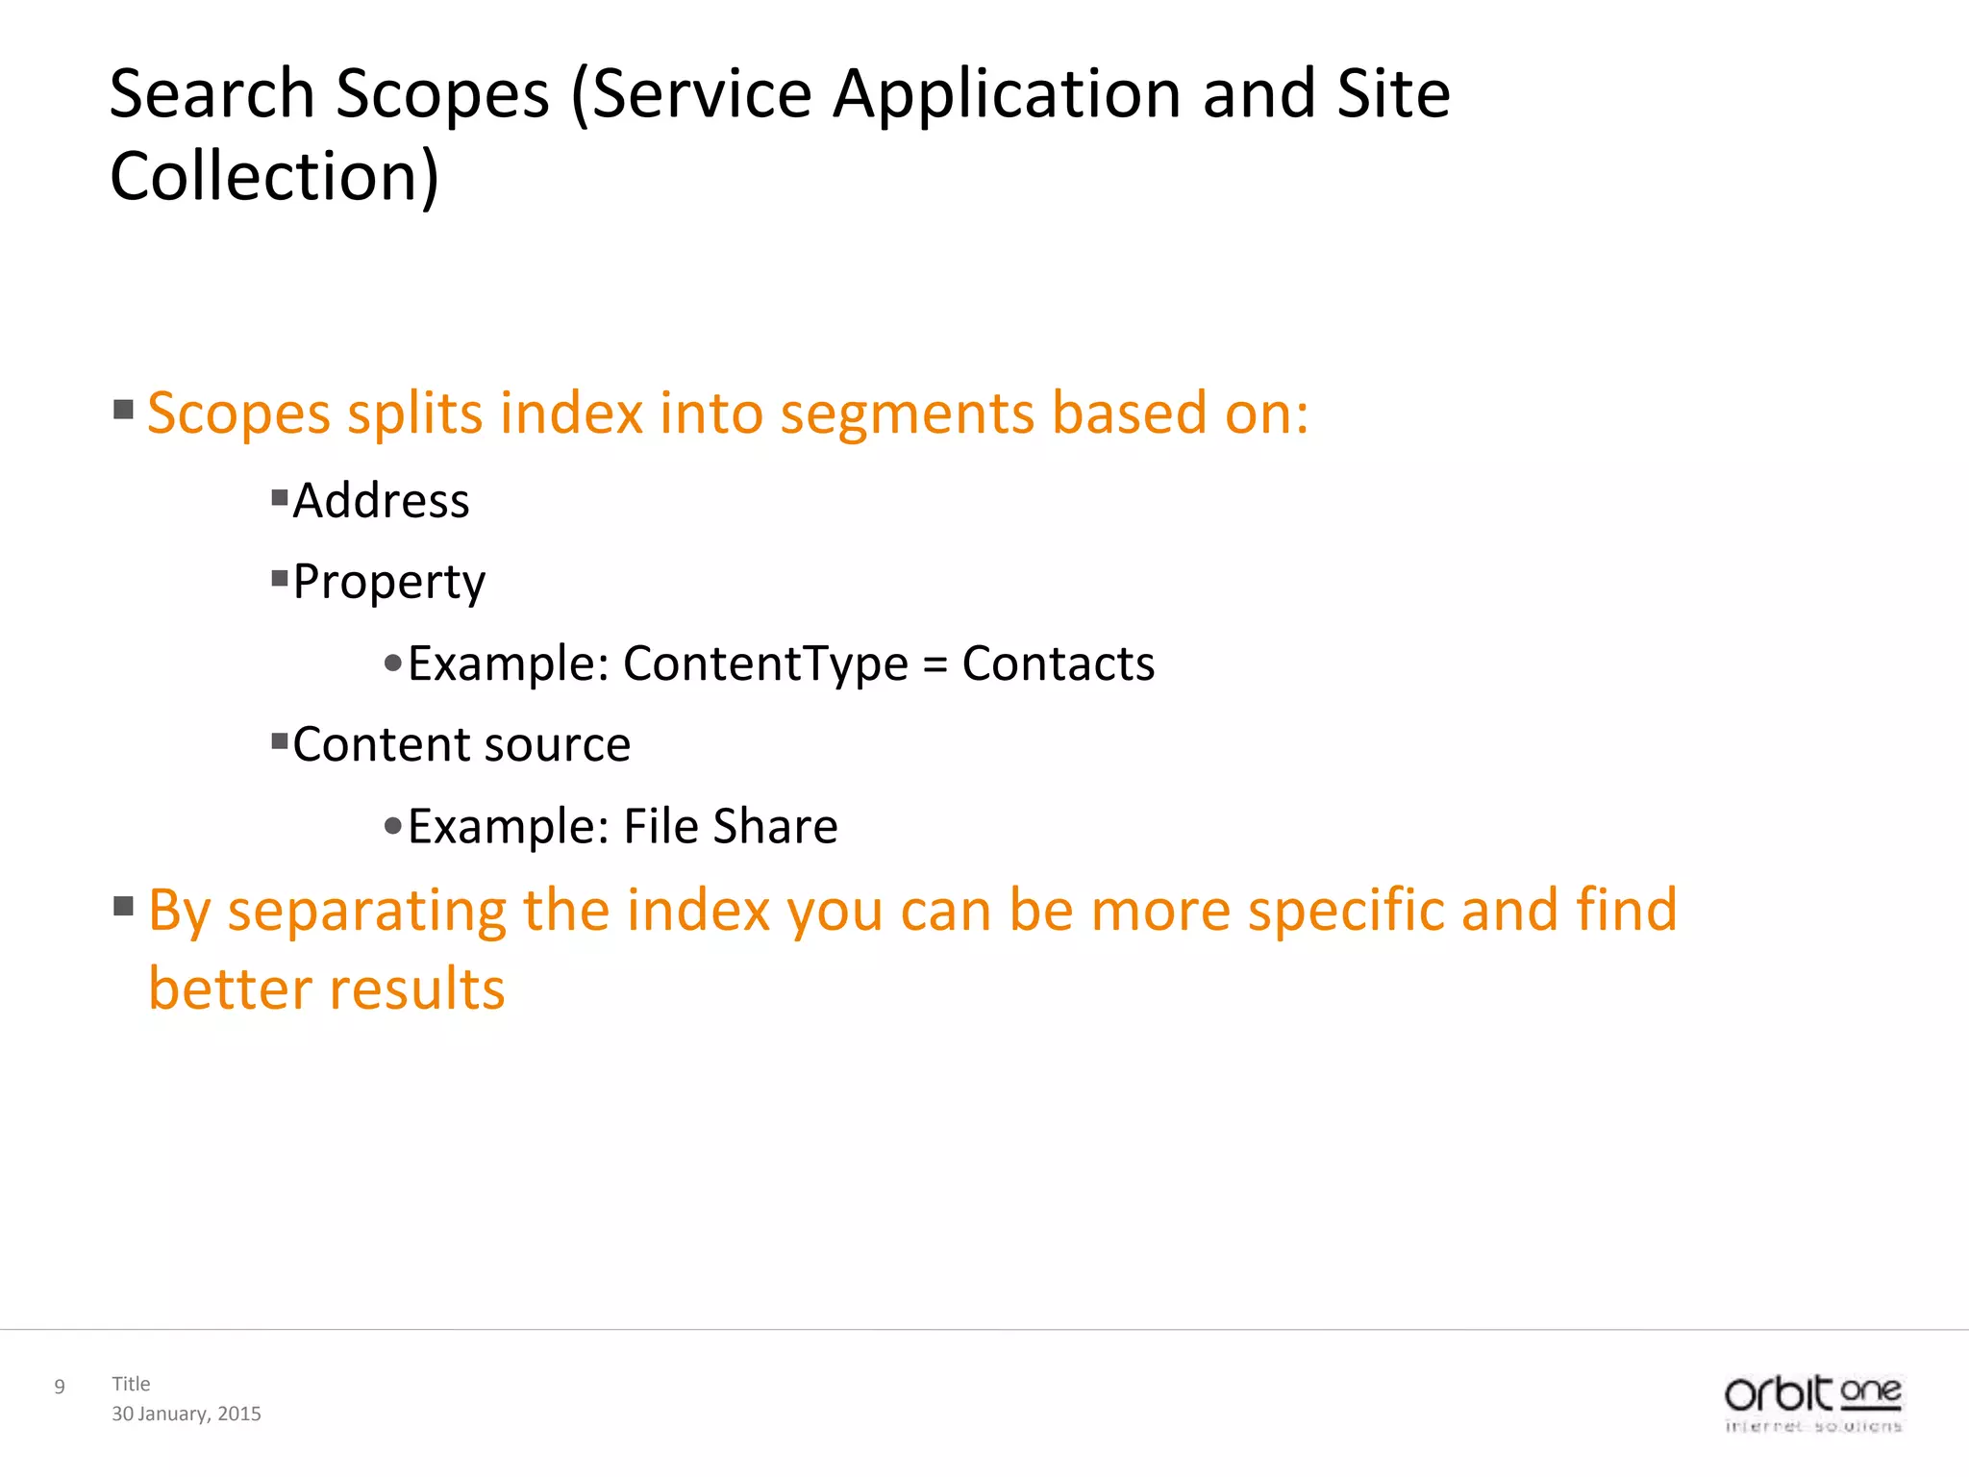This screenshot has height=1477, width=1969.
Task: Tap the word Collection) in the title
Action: click(x=274, y=177)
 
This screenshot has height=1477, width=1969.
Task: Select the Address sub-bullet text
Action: click(x=381, y=501)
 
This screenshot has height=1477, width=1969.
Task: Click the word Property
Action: click(x=388, y=583)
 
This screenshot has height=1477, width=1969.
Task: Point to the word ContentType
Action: click(x=765, y=663)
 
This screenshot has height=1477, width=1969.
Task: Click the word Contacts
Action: click(x=1058, y=663)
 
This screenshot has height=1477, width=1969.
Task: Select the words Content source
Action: click(x=461, y=745)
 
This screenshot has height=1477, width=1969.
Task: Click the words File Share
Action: click(x=730, y=827)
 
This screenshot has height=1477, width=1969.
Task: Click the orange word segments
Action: click(x=906, y=413)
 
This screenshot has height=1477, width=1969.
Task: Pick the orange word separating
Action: click(x=365, y=912)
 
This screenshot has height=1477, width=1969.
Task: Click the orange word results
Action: click(x=415, y=989)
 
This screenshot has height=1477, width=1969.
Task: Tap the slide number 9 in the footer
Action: click(x=60, y=1387)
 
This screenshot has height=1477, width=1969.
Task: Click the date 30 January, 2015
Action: click(x=187, y=1414)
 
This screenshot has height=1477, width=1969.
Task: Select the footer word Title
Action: click(x=131, y=1384)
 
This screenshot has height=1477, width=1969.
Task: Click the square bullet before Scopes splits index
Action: click(x=123, y=411)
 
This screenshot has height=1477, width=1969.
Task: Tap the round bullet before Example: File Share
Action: click(x=392, y=826)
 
